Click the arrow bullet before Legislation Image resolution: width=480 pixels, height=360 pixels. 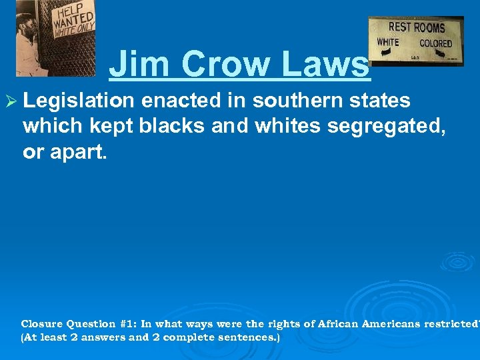(x=11, y=102)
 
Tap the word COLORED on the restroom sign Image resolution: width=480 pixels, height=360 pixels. (x=435, y=43)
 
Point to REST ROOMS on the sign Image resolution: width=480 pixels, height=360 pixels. (x=417, y=27)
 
